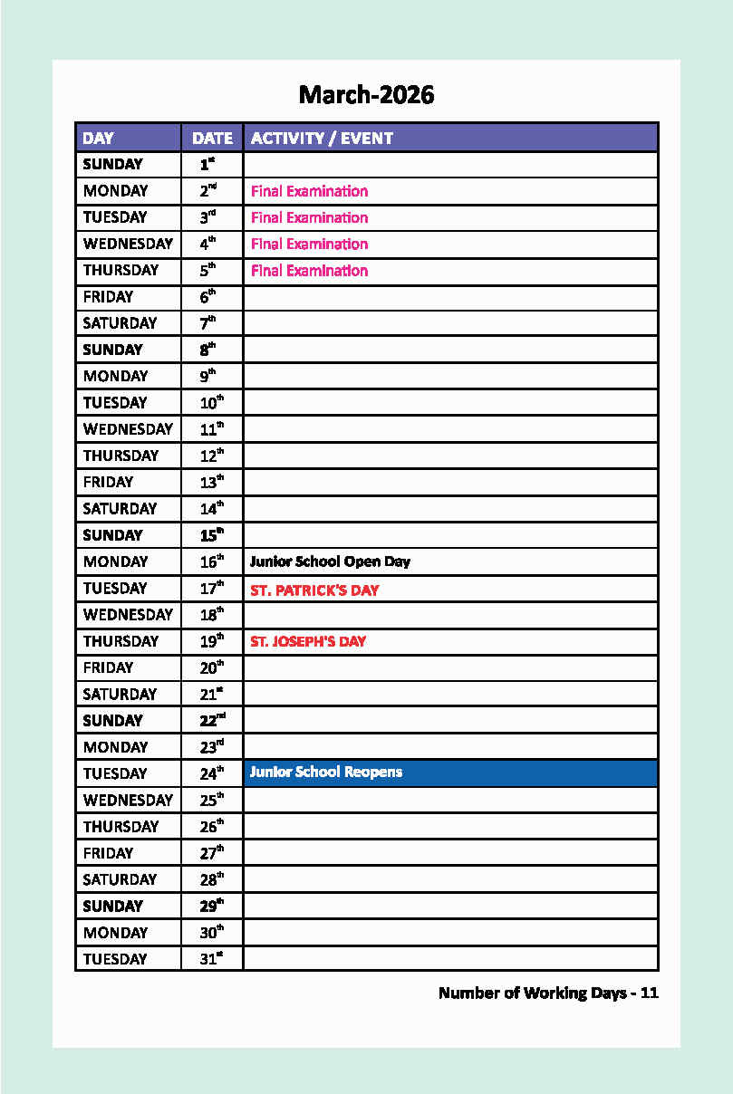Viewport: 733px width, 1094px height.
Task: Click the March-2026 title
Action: (366, 94)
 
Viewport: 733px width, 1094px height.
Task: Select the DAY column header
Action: (98, 139)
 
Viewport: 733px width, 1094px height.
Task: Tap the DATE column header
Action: (212, 139)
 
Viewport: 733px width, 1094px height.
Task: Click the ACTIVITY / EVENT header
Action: (322, 139)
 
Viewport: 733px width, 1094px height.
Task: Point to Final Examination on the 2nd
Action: (309, 191)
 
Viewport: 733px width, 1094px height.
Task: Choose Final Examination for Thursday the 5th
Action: (309, 271)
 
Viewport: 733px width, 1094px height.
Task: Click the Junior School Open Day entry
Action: (330, 561)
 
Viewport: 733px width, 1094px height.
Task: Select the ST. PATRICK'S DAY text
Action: (314, 590)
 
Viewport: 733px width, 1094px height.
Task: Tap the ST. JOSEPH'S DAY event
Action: (308, 642)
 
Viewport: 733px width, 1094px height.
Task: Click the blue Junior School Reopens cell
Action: (450, 773)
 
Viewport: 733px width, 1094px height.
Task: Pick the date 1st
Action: (207, 165)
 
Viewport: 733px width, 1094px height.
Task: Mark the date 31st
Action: (211, 959)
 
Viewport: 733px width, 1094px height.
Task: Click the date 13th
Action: (211, 483)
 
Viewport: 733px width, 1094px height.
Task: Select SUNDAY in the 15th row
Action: (112, 535)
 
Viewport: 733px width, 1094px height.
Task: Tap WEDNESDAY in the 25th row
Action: (128, 801)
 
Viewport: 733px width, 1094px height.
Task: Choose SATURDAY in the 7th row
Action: (120, 323)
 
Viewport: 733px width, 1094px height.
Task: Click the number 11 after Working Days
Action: (649, 993)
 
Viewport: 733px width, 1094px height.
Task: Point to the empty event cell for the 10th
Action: (450, 403)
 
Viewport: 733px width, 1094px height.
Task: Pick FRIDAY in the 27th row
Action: (108, 853)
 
